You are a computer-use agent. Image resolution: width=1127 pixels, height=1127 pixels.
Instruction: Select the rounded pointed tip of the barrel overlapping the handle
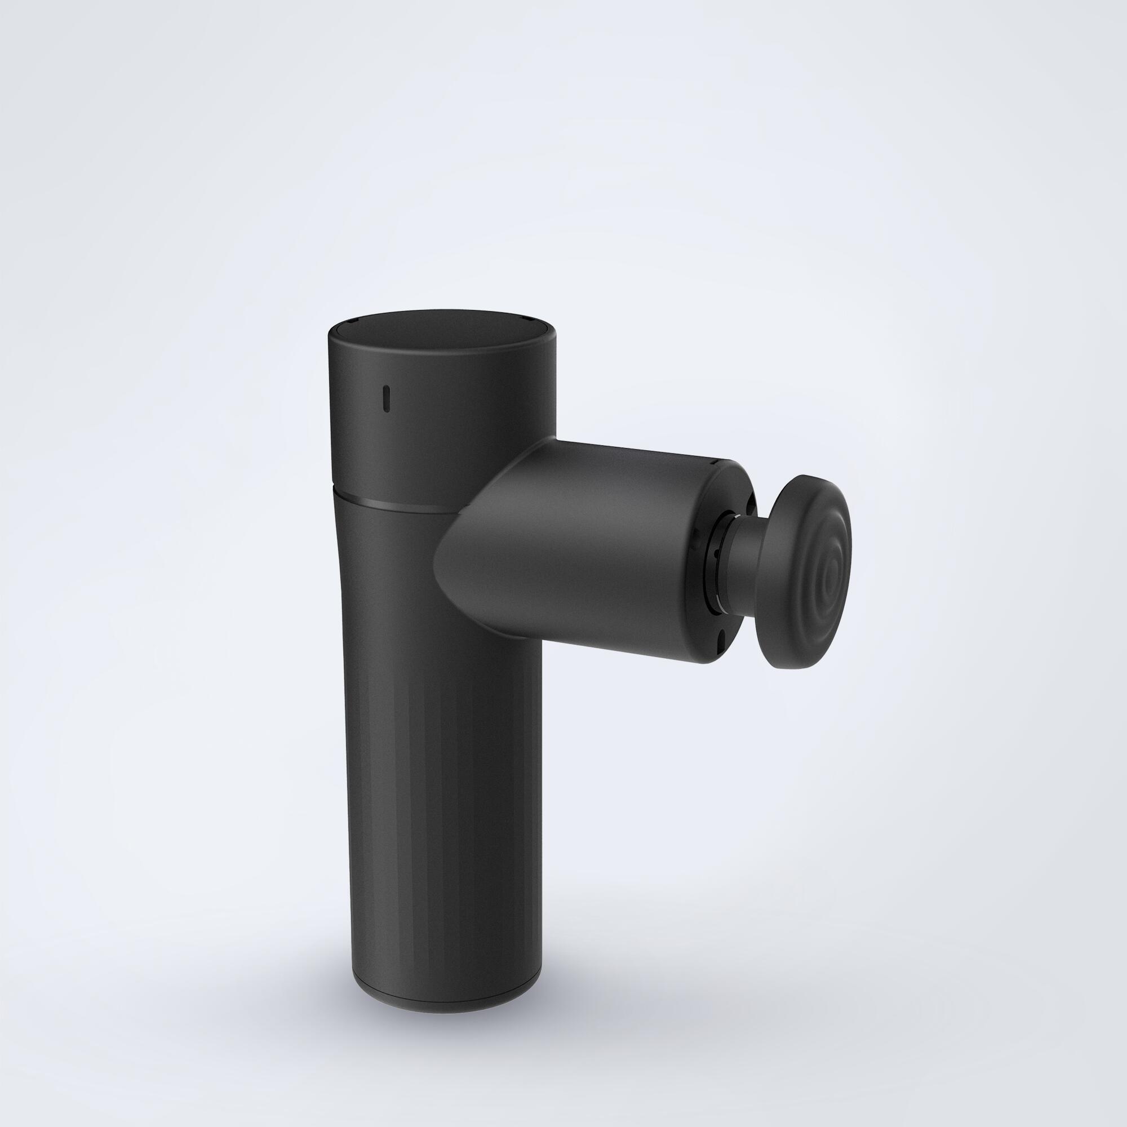pos(452,575)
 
